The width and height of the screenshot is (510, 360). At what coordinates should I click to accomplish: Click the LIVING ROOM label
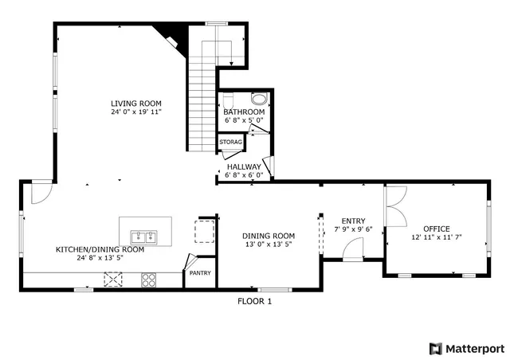click(136, 103)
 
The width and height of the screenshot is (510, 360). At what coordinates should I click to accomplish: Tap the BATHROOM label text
click(244, 112)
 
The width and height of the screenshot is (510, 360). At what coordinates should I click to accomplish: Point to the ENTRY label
click(353, 221)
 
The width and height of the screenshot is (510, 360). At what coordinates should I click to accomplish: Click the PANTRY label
click(199, 273)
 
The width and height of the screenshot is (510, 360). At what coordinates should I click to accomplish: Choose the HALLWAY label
click(244, 166)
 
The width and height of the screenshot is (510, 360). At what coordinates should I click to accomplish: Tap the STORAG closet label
click(231, 142)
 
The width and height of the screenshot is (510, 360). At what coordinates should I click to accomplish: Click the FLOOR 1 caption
click(255, 301)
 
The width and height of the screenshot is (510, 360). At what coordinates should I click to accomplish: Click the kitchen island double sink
click(144, 237)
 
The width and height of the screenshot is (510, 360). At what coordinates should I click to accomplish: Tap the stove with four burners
click(149, 279)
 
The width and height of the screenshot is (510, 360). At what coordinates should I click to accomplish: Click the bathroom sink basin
click(259, 99)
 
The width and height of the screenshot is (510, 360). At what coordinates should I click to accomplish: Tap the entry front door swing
click(351, 252)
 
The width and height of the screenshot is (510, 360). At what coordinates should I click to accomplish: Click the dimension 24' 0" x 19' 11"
click(136, 112)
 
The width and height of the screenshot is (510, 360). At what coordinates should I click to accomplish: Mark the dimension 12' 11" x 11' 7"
click(437, 237)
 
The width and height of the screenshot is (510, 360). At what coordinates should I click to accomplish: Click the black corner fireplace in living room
click(171, 34)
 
